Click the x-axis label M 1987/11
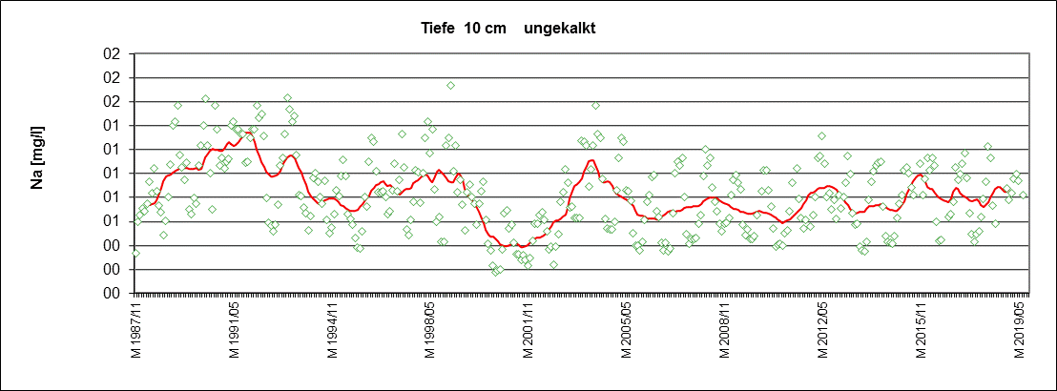pyautogui.click(x=135, y=331)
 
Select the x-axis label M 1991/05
pyautogui.click(x=234, y=331)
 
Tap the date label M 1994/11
pyautogui.click(x=333, y=331)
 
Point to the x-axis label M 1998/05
pyautogui.click(x=431, y=331)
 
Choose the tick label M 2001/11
pyautogui.click(x=529, y=331)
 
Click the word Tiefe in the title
pyautogui.click(x=438, y=28)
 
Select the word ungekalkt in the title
pyautogui.click(x=560, y=28)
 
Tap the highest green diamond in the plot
pyautogui.click(x=450, y=86)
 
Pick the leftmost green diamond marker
pyautogui.click(x=135, y=253)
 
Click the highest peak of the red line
pyautogui.click(x=246, y=132)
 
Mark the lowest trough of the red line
pyautogui.click(x=522, y=247)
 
